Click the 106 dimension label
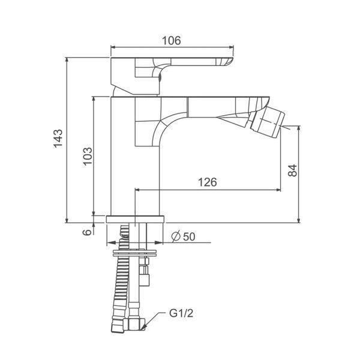(x=171, y=41)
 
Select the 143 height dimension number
(x=58, y=139)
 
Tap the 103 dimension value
(x=88, y=156)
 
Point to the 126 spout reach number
(x=208, y=182)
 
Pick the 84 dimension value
(x=293, y=170)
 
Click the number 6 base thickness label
(x=87, y=232)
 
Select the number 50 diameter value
(x=189, y=237)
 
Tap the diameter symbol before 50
(x=176, y=237)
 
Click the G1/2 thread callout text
(x=181, y=313)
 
